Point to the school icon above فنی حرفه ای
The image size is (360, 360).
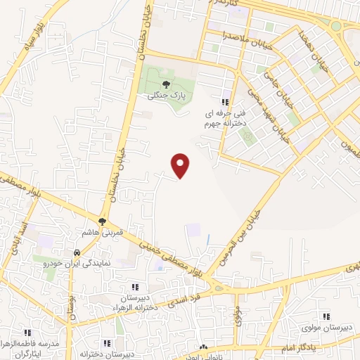[x=225, y=102]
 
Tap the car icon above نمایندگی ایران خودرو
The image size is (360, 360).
[x=75, y=252]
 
